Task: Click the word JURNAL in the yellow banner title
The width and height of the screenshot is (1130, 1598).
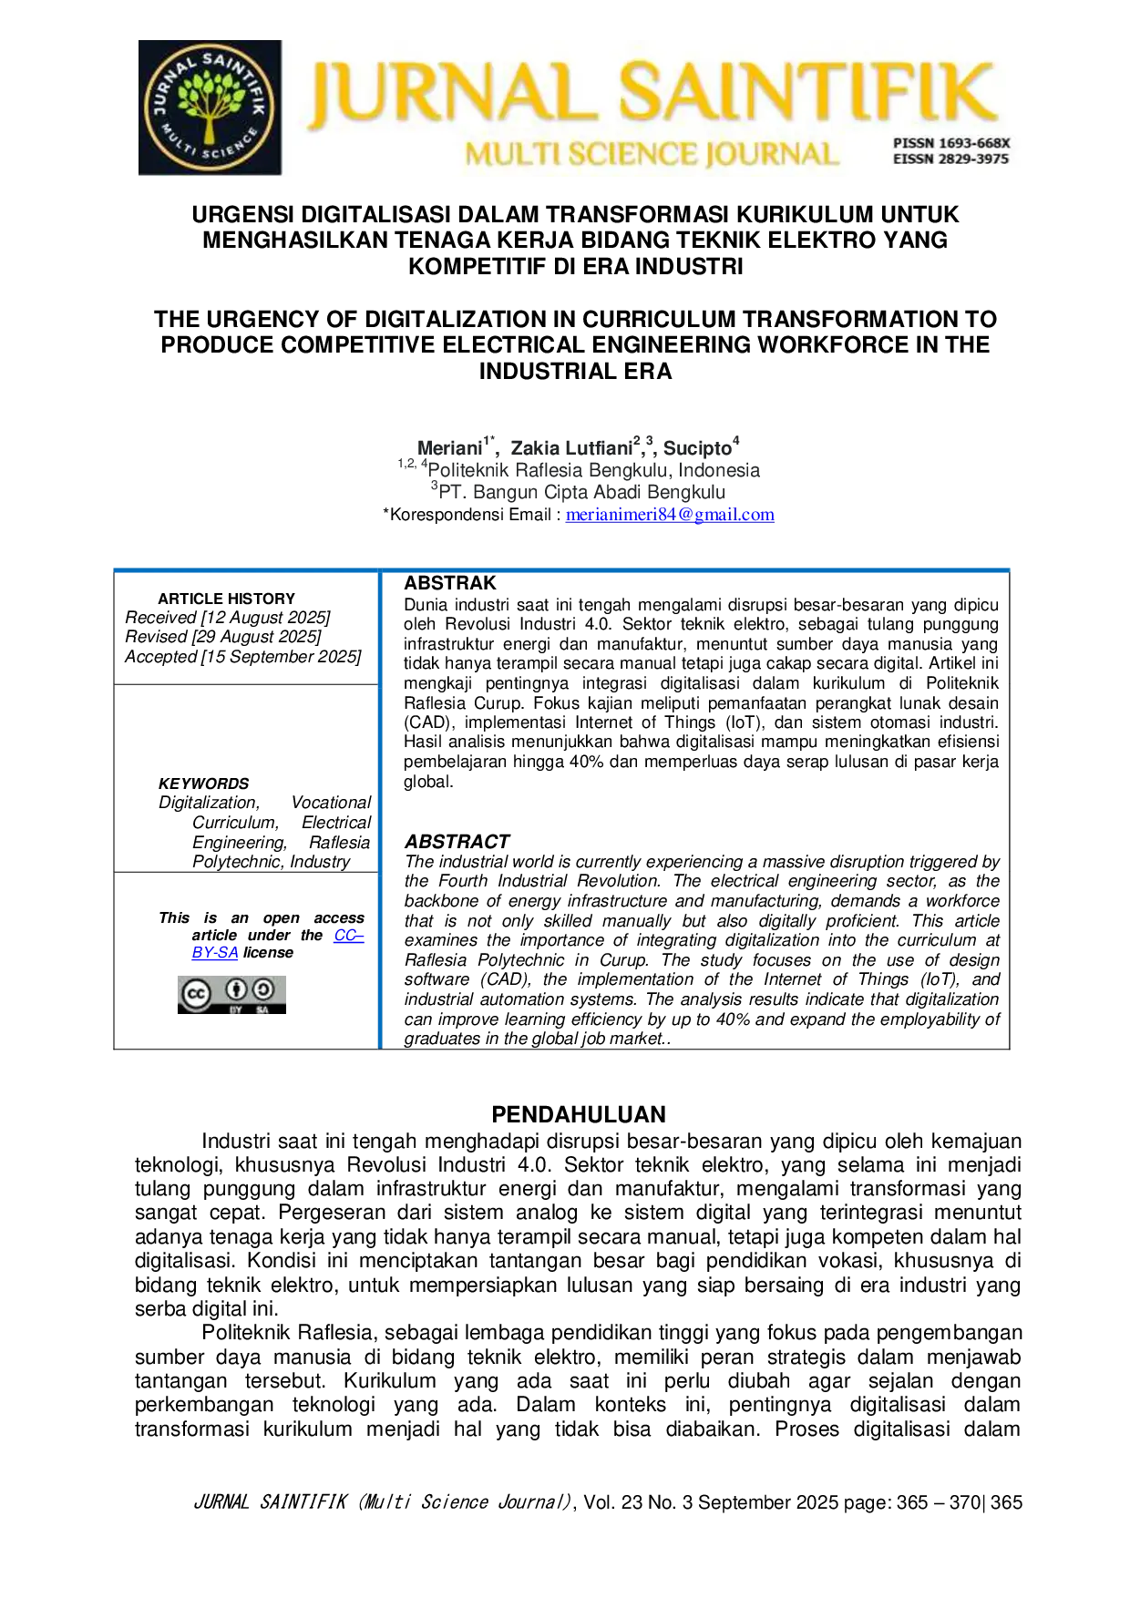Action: [x=447, y=94]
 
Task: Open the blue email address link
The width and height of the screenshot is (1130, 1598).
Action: [x=671, y=515]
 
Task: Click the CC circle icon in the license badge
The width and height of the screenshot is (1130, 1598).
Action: [x=196, y=993]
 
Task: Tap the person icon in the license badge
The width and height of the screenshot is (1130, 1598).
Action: [x=236, y=989]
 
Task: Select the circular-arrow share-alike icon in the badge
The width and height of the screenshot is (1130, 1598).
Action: [x=263, y=989]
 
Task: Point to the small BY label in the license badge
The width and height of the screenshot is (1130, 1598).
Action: [x=236, y=1010]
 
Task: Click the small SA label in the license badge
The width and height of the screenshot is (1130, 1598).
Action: [x=262, y=1010]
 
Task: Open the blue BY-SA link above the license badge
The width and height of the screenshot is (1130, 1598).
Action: [x=215, y=953]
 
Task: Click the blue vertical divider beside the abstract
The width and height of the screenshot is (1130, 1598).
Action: [x=380, y=811]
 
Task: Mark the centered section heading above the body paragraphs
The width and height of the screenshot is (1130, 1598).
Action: [x=580, y=1111]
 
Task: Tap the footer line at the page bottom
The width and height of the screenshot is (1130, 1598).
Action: [x=609, y=1501]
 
